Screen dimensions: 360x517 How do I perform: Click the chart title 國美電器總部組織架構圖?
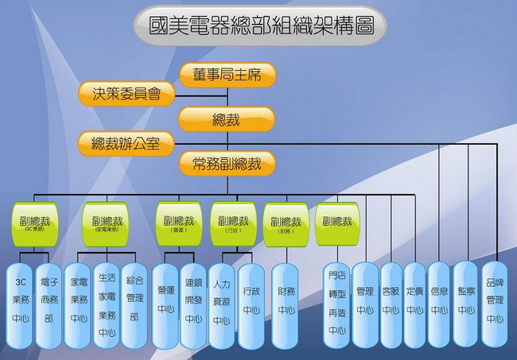(259, 25)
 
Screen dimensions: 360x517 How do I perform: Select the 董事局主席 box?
(227, 75)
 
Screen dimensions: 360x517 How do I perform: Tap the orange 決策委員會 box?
(127, 94)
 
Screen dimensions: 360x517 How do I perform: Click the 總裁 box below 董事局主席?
(227, 119)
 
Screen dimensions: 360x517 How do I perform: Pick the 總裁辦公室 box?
(126, 144)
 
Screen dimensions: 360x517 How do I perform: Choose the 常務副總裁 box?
(227, 164)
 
